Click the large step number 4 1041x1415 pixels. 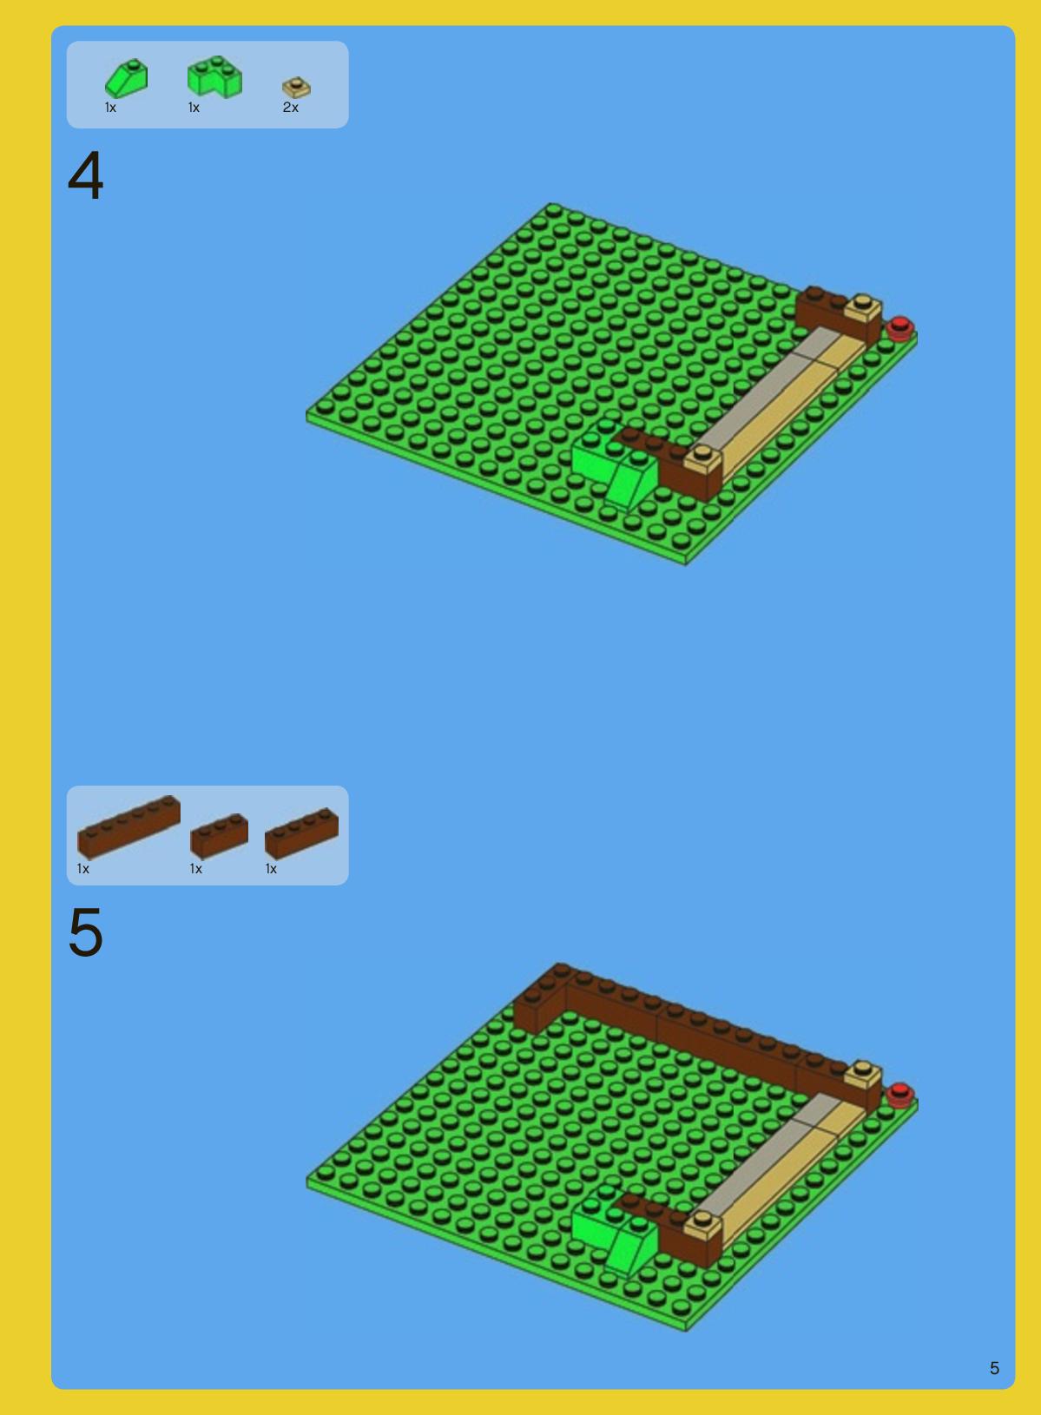[85, 175]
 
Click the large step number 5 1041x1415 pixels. [85, 931]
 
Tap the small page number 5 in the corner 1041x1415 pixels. [994, 1367]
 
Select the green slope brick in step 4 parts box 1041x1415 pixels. [127, 78]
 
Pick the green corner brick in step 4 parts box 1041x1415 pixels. [214, 76]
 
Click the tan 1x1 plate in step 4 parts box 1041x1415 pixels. [296, 87]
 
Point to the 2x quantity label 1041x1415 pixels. [291, 108]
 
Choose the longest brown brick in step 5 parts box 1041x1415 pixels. [128, 827]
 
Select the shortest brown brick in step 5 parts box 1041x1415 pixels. [219, 835]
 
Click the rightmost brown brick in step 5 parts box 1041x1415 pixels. [301, 833]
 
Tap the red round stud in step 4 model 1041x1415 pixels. [899, 328]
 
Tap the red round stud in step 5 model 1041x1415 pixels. [899, 1095]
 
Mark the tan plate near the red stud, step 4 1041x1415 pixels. [863, 310]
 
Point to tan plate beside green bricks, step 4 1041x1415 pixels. [702, 459]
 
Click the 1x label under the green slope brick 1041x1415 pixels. [110, 108]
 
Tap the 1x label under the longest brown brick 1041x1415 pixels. [82, 869]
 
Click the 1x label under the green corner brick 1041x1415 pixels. [194, 108]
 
